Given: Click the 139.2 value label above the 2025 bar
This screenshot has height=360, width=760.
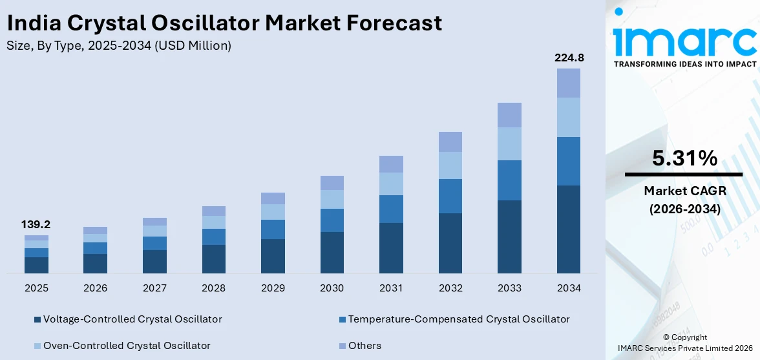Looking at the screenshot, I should pyautogui.click(x=36, y=225).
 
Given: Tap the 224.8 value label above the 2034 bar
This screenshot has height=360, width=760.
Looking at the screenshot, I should pyautogui.click(x=569, y=58).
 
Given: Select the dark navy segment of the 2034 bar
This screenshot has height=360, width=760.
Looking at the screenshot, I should pyautogui.click(x=569, y=229).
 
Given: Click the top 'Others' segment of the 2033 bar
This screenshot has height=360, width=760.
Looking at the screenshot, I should pyautogui.click(x=509, y=115).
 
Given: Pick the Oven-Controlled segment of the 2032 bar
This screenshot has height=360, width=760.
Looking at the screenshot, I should pyautogui.click(x=450, y=165).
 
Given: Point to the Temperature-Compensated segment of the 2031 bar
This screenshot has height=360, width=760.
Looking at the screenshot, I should pyautogui.click(x=391, y=209).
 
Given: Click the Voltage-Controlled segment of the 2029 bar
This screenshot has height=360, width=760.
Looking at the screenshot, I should pyautogui.click(x=273, y=256).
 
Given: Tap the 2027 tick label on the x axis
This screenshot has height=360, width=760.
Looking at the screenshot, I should pyautogui.click(x=154, y=288).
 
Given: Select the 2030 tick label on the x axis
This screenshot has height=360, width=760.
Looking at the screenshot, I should pyautogui.click(x=332, y=288).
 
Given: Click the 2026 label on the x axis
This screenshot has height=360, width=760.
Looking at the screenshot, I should pyautogui.click(x=96, y=288).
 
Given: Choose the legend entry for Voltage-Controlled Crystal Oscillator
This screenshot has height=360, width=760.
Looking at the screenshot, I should pyautogui.click(x=128, y=319).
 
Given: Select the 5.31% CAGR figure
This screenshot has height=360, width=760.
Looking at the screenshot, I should pyautogui.click(x=684, y=158).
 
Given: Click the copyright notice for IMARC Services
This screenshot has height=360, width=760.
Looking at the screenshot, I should pyautogui.click(x=684, y=343).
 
